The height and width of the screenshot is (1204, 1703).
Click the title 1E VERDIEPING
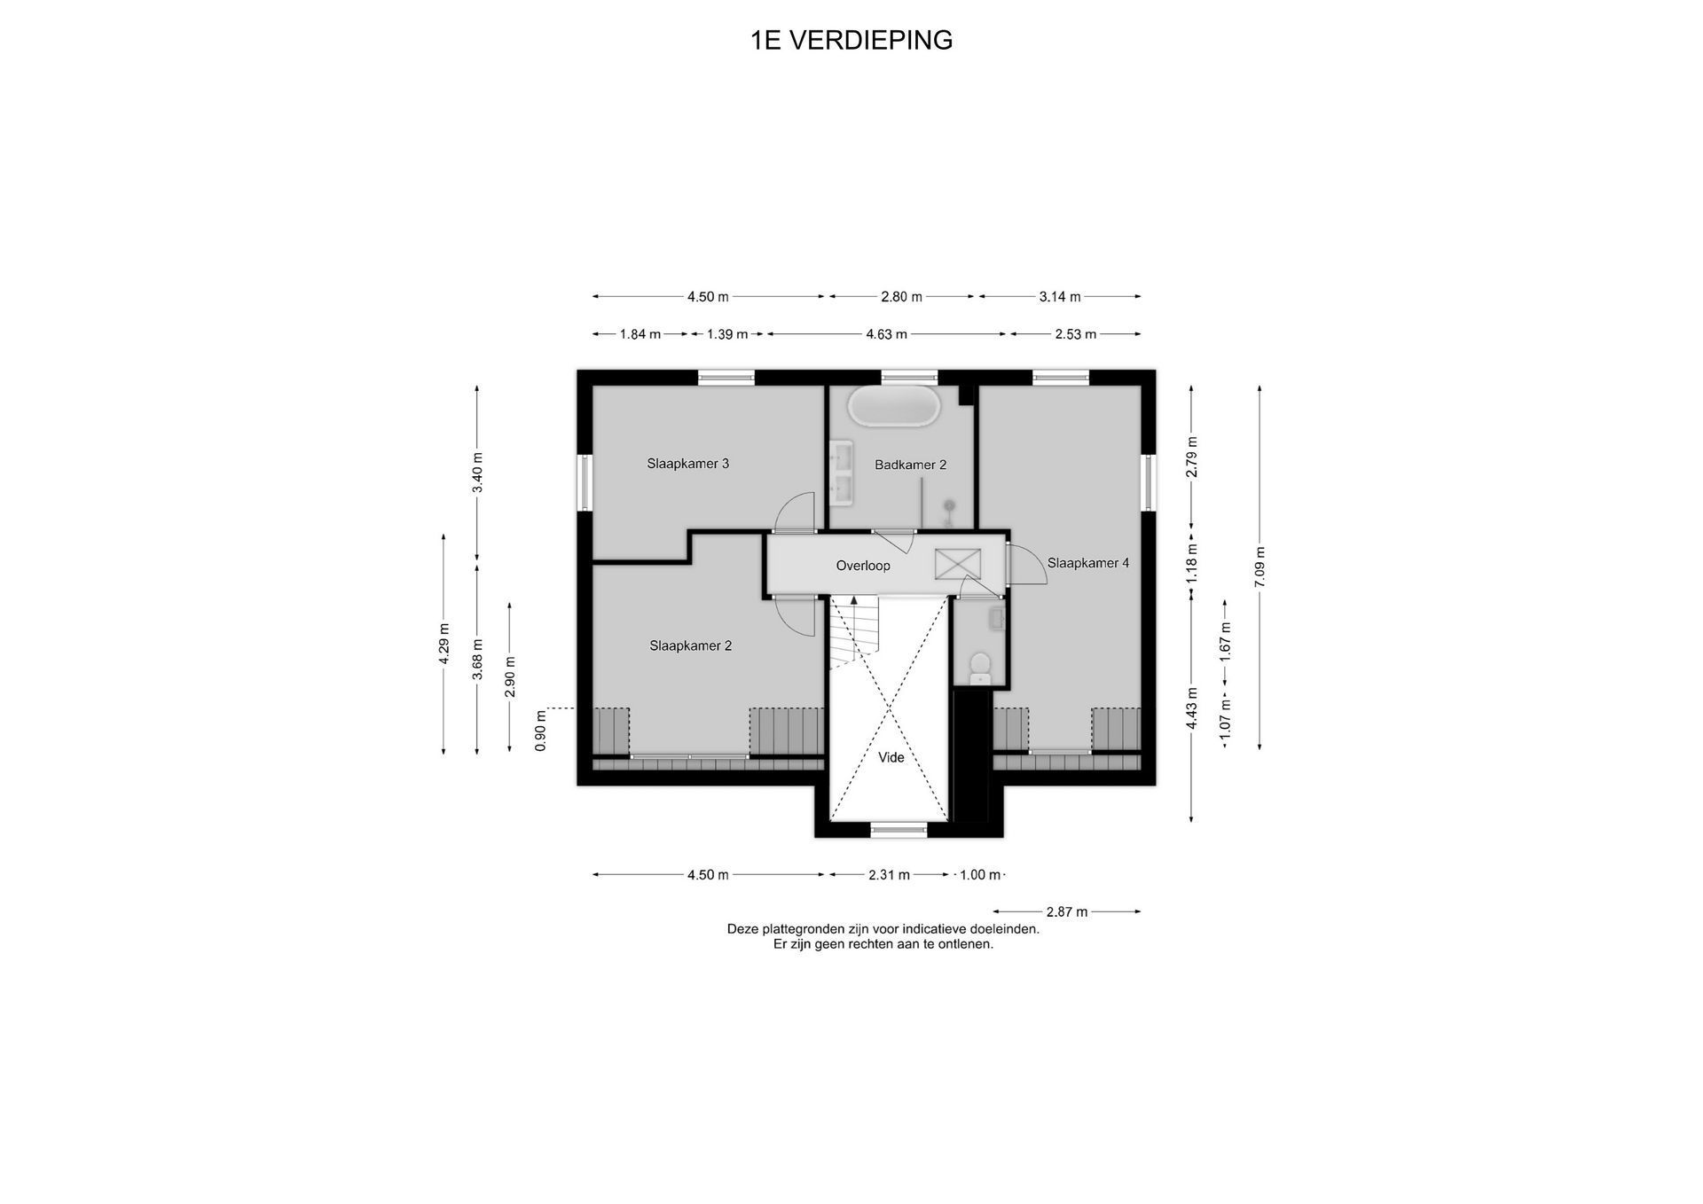click(851, 40)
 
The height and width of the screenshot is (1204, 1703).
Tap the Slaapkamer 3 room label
click(688, 464)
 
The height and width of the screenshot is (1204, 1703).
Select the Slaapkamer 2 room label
click(691, 646)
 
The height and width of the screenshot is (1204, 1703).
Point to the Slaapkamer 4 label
click(1088, 563)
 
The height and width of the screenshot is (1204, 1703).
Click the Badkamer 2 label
click(911, 465)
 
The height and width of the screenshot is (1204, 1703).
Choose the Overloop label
click(863, 566)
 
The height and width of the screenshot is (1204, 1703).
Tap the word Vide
click(891, 757)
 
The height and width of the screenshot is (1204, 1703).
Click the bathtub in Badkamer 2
click(893, 405)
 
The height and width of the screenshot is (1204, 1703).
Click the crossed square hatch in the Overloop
click(958, 563)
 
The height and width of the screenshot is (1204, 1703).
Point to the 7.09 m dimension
click(1260, 567)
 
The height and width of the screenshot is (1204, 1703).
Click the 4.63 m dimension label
click(887, 334)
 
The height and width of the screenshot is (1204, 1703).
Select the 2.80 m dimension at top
click(901, 297)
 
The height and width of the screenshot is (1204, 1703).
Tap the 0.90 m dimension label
click(541, 731)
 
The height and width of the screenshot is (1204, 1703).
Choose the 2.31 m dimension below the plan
click(889, 875)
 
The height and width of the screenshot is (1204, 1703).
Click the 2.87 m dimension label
click(1067, 911)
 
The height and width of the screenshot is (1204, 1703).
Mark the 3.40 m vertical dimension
click(478, 473)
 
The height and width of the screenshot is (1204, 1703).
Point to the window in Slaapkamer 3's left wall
click(585, 482)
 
